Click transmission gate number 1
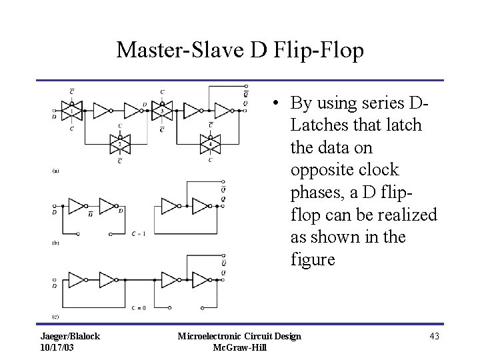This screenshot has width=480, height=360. click(x=71, y=109)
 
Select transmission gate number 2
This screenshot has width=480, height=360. click(x=119, y=142)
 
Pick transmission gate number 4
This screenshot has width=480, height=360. click(x=210, y=142)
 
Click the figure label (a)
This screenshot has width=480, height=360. click(x=56, y=171)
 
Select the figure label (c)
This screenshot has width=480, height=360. click(x=56, y=315)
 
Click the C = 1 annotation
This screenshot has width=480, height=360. click(x=139, y=234)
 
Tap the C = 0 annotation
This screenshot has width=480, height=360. click(x=139, y=306)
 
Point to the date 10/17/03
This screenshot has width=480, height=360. click(x=57, y=347)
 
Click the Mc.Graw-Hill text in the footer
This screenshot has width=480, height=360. click(x=239, y=347)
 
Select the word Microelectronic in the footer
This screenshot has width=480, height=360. click(x=208, y=336)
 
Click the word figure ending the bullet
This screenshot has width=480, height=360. click(x=313, y=259)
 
